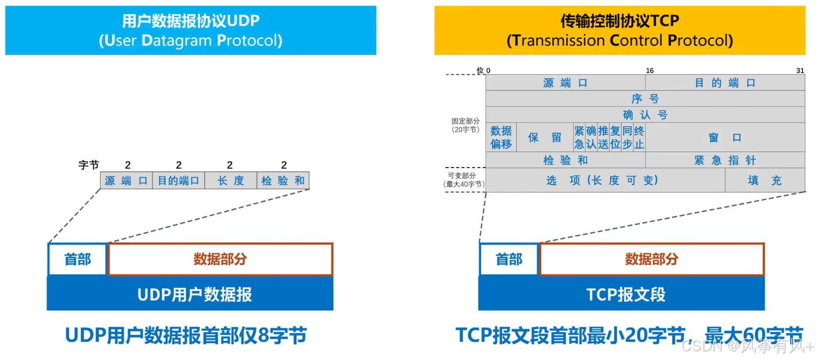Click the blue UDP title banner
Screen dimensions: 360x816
click(190, 30)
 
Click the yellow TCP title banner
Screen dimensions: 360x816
click(620, 30)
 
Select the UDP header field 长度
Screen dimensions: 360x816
click(231, 181)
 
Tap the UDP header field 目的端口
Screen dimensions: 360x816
click(178, 181)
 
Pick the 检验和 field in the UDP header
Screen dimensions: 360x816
click(283, 181)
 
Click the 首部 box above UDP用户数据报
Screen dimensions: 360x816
click(78, 259)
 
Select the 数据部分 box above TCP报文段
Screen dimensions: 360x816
click(652, 259)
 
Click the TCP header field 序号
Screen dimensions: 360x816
click(645, 99)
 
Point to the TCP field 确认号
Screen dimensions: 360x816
click(645, 115)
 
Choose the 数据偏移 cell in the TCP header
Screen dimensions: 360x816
click(501, 137)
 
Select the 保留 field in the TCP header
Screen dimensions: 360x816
click(544, 137)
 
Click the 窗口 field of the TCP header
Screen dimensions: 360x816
click(725, 137)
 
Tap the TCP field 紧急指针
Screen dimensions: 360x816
click(725, 160)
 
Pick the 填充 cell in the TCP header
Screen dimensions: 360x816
click(764, 180)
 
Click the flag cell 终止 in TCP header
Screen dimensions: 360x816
click(639, 137)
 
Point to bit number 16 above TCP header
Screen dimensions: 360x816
click(650, 71)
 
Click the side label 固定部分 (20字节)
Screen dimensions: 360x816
click(465, 125)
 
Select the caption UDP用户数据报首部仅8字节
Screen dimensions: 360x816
click(186, 336)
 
